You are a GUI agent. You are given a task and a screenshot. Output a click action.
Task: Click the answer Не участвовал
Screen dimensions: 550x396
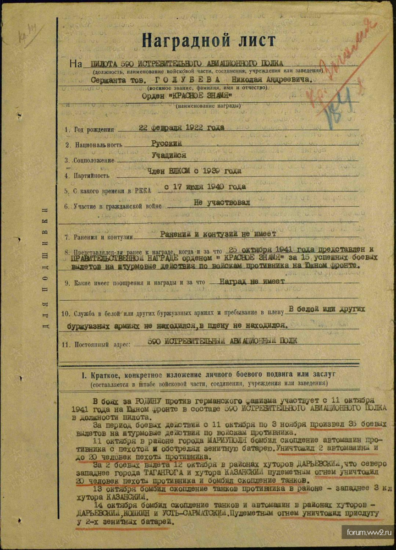[222, 202]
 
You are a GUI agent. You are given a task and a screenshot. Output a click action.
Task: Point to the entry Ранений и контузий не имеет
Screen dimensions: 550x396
[218, 234]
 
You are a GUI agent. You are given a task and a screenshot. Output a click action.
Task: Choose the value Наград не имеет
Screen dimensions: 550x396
[252, 281]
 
